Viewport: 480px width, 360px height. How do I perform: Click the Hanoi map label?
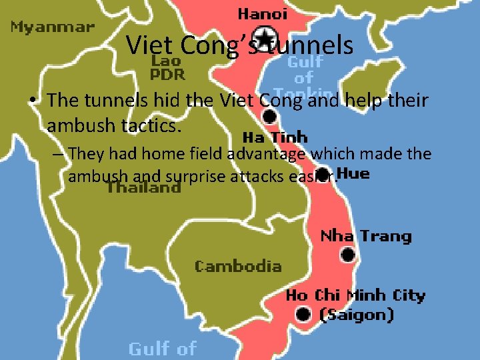coord(263,13)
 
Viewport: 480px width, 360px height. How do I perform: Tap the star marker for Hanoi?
coord(265,35)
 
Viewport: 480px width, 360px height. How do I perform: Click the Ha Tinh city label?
coord(275,138)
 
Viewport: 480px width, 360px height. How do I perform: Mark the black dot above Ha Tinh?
coord(269,117)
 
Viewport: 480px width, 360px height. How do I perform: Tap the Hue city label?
coord(353,175)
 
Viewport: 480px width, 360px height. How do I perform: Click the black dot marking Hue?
coord(323,175)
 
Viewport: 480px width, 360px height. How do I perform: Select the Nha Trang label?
coord(366,236)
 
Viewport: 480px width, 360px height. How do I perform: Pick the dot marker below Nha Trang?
coord(347,255)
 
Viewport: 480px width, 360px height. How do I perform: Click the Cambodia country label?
coord(238,267)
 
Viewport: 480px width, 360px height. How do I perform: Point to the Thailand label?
coord(143,187)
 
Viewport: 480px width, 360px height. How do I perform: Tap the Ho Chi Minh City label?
coord(355,295)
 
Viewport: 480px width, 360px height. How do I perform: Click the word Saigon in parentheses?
coord(357,315)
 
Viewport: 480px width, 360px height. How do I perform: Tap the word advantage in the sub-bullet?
coord(267,154)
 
